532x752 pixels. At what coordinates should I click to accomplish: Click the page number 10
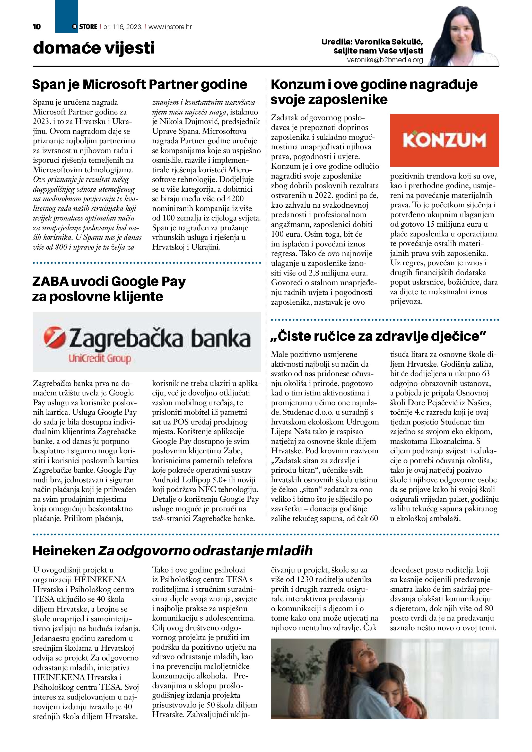point(37,27)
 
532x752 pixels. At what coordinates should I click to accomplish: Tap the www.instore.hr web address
point(170,27)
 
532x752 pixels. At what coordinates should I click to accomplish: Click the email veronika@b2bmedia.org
point(385,60)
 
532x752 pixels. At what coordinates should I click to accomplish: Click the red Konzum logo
point(444,140)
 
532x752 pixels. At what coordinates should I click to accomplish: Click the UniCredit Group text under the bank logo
point(100,359)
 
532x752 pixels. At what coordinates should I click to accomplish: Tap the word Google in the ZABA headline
point(132,282)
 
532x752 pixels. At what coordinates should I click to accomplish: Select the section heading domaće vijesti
point(94,48)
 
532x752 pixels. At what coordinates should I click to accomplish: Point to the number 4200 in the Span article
point(235,199)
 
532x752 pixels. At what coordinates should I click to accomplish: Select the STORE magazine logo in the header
point(85,27)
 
